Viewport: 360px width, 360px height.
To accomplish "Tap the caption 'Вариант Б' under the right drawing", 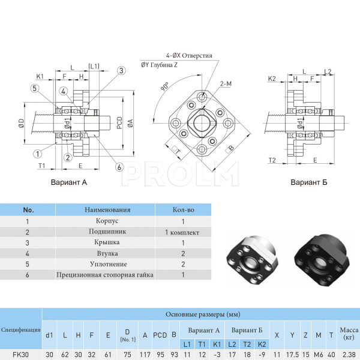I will (x=308, y=182).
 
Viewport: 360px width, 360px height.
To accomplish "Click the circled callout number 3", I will (x=121, y=71).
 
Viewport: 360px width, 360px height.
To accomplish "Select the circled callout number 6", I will (x=120, y=167).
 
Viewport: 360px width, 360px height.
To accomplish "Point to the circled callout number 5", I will (x=35, y=89).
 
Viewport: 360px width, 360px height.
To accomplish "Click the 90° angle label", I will (x=164, y=87).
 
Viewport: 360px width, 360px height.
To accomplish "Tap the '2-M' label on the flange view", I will (x=226, y=84).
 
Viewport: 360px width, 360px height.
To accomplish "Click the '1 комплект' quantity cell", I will (x=182, y=232).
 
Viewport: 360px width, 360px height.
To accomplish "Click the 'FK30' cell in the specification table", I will (x=21, y=355).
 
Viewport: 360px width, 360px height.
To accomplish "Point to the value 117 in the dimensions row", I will (x=145, y=355).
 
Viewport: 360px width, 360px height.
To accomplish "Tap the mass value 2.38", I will (x=348, y=355).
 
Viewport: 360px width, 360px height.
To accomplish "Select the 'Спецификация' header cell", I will (x=21, y=329).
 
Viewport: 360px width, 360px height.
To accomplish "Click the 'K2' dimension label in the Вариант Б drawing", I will (x=271, y=79).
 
